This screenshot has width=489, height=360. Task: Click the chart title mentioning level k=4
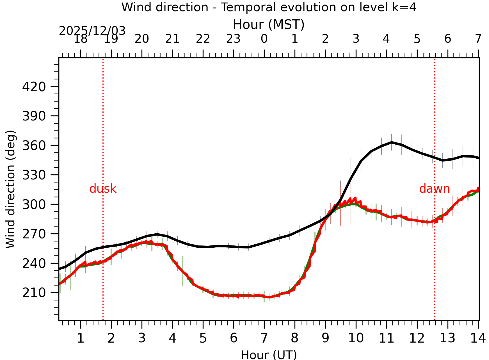coord(269,7)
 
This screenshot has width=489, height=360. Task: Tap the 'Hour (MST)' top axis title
coord(269,25)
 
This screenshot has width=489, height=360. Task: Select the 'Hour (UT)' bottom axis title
coord(269,355)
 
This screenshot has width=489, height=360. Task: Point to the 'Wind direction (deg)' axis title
coord(11,189)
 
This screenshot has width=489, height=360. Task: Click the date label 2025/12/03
coord(92,31)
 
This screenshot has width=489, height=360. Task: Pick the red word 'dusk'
coord(103,189)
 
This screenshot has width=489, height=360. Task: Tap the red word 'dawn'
coord(434,189)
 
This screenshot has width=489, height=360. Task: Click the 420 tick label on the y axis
coord(34,87)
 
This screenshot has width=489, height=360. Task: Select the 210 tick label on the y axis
coord(34,293)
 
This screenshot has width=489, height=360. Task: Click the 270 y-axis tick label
coord(34,234)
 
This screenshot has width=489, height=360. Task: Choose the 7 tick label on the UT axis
coord(264,338)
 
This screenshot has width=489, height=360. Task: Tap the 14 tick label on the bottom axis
coord(478,338)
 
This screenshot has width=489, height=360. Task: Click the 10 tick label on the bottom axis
coord(356,338)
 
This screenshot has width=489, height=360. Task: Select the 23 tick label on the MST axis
coord(234,39)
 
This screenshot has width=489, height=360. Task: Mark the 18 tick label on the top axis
coord(81,39)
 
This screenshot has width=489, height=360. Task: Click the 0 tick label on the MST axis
coord(264,39)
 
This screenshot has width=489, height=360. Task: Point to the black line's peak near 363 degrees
coord(392,142)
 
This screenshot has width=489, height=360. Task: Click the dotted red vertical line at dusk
coord(103,140)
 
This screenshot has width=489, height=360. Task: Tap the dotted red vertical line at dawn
coord(435,126)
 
